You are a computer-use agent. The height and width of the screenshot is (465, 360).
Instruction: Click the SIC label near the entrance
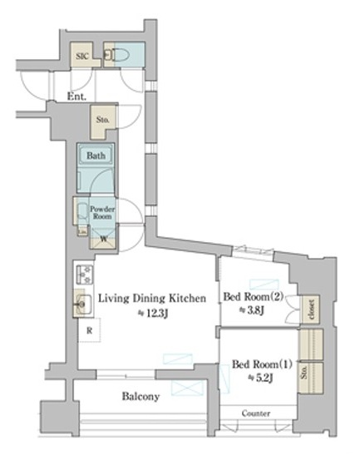click(82, 56)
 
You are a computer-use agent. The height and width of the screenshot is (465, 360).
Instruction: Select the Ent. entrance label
click(77, 96)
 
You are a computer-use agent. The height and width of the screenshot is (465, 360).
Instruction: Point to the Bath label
click(95, 155)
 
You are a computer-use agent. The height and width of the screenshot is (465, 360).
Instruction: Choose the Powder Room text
click(101, 212)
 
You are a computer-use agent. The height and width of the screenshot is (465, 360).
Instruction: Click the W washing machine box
click(103, 240)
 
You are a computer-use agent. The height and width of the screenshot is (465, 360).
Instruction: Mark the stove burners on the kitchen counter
click(83, 274)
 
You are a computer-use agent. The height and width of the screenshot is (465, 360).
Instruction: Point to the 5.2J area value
click(259, 378)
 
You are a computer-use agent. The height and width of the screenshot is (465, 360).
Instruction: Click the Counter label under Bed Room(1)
click(255, 413)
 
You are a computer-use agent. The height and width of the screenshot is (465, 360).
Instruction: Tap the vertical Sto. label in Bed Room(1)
click(305, 371)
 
